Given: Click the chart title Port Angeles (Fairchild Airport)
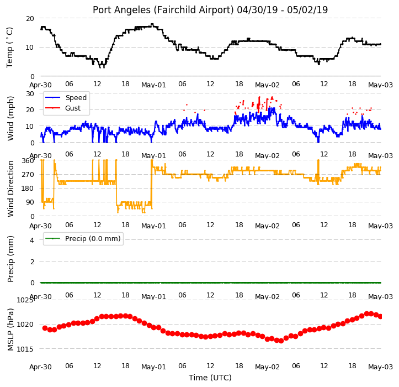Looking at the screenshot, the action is point(163,10).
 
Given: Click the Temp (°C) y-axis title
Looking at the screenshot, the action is point(9,48).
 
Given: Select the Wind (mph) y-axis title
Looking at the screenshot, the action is point(10,118).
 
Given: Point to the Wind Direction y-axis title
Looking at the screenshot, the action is point(10,189).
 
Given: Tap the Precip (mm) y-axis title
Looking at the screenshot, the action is point(10,259).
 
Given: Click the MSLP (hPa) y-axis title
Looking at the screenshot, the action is point(10,330).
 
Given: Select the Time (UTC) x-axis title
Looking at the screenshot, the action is point(210,378).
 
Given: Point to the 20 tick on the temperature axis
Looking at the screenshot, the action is point(30,19).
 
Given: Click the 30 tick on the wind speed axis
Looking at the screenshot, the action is point(30,94).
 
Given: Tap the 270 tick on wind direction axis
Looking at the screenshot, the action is point(28,175).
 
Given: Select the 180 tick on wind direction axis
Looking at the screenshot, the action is point(28,189).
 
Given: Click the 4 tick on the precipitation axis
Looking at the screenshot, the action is point(32,240).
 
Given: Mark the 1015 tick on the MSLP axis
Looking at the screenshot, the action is point(25,349).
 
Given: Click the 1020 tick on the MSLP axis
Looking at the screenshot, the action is point(25,325).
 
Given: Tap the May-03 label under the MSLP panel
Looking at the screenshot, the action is point(380,367).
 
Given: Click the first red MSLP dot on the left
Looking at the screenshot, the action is point(45,328).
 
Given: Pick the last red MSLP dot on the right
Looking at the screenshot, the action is point(380,317).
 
